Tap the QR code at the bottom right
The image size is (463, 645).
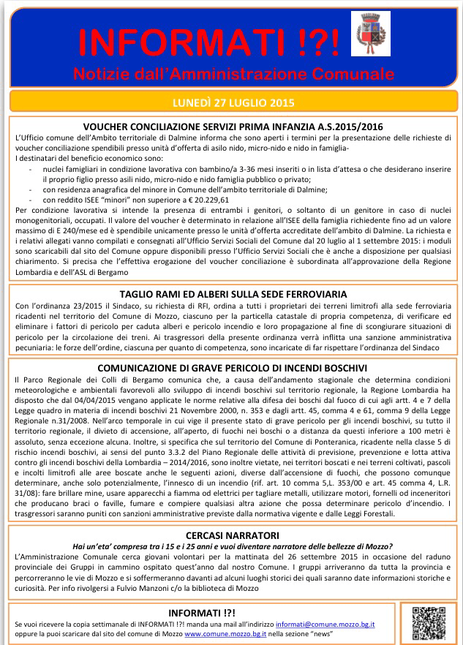coord(429,623)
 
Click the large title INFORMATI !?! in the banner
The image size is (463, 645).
coord(209,43)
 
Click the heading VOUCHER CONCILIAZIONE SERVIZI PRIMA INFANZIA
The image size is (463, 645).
coord(233,126)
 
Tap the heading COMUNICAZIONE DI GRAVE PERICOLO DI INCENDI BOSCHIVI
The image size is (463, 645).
coord(232,368)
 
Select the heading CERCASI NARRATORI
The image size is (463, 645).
coord(231,535)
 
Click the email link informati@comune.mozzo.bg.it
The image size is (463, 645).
coord(325,624)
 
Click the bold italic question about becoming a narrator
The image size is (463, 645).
coord(231,546)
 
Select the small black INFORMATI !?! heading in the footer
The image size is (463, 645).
coord(202,611)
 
